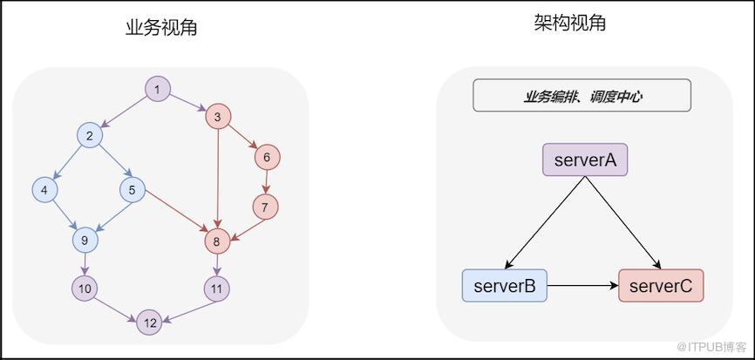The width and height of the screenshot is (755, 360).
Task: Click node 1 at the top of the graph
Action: [x=157, y=89]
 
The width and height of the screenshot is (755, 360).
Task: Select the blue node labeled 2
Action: [x=89, y=136]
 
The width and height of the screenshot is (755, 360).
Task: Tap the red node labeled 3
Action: [x=218, y=116]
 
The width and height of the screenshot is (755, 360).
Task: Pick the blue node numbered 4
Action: [x=44, y=188]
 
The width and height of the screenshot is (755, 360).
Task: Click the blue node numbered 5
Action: [x=132, y=188]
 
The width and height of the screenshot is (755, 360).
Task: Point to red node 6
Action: [x=267, y=158]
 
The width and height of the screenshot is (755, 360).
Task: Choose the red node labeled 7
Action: [x=265, y=207]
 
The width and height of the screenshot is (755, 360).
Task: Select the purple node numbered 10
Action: [x=85, y=288]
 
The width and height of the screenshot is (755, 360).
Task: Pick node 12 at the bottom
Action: [x=150, y=323]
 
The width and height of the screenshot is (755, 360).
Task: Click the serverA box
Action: [x=584, y=160]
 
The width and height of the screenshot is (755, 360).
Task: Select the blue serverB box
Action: [x=505, y=285]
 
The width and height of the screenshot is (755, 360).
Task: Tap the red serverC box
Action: [x=660, y=285]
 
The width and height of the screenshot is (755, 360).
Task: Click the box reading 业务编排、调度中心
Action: [x=582, y=96]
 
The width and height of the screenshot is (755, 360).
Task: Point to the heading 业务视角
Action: [x=161, y=27]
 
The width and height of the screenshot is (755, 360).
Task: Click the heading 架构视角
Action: [x=569, y=23]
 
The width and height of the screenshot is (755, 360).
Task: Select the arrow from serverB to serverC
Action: [x=582, y=285]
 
